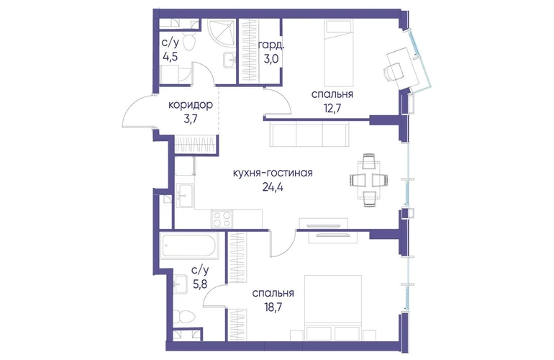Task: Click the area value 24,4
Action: click(x=273, y=186)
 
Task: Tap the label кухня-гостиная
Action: click(x=273, y=174)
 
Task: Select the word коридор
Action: click(x=191, y=105)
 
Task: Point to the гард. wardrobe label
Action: click(x=271, y=45)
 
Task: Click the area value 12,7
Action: click(x=332, y=108)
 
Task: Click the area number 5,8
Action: click(x=200, y=284)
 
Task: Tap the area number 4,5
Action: click(x=170, y=57)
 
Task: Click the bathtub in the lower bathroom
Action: click(x=189, y=246)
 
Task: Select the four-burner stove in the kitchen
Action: click(x=222, y=219)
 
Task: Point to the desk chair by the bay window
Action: click(x=393, y=72)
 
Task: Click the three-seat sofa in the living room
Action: click(x=309, y=134)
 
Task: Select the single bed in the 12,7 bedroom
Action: click(x=339, y=53)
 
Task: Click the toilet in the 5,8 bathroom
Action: click(x=185, y=316)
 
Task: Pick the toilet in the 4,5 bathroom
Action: click(x=189, y=41)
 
